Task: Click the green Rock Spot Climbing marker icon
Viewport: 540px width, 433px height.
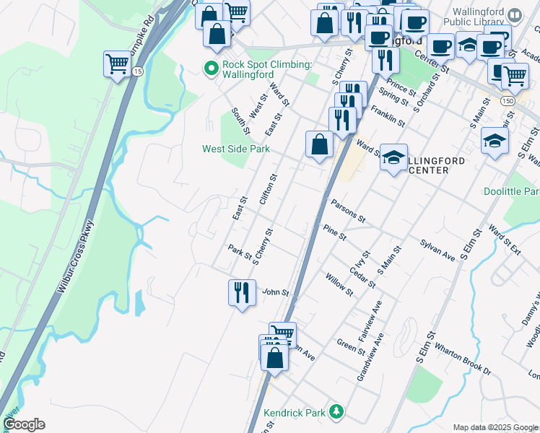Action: click(212, 69)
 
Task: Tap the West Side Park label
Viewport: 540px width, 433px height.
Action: click(235, 149)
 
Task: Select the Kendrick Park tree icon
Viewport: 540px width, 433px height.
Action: click(334, 412)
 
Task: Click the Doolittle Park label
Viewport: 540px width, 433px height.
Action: click(511, 191)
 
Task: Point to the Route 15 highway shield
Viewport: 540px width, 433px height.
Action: click(137, 72)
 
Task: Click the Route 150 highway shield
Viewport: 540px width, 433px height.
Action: click(508, 102)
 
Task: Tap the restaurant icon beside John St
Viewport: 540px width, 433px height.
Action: click(241, 292)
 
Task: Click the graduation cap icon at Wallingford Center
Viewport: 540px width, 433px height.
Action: click(393, 157)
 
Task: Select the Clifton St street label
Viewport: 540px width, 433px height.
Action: click(268, 189)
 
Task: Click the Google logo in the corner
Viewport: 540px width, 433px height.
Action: click(24, 424)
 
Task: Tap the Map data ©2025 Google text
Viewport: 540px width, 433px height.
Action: click(495, 427)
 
